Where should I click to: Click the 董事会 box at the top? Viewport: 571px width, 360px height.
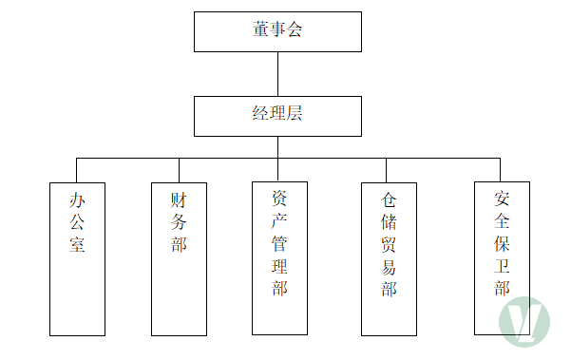pyautogui.click(x=277, y=31)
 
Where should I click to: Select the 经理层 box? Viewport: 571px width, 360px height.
pyautogui.click(x=277, y=117)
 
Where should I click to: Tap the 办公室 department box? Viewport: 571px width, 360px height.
pyautogui.click(x=77, y=259)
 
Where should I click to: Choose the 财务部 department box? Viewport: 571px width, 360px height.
pyautogui.click(x=179, y=259)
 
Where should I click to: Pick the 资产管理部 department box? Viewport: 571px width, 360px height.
pyautogui.click(x=279, y=258)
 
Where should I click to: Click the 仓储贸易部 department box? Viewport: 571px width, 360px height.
pyautogui.click(x=389, y=259)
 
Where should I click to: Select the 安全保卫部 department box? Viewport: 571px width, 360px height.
pyautogui.click(x=502, y=258)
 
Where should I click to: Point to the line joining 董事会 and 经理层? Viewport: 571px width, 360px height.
pyautogui.click(x=277, y=74)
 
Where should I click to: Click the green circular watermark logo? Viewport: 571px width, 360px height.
pyautogui.click(x=524, y=322)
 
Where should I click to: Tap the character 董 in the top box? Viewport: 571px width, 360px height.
pyautogui.click(x=260, y=29)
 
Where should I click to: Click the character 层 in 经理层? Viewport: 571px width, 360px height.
pyautogui.click(x=295, y=113)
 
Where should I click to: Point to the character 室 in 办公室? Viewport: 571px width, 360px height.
pyautogui.click(x=77, y=244)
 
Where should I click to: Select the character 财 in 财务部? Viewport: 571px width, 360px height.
pyautogui.click(x=179, y=200)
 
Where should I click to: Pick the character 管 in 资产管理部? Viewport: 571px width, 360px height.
pyautogui.click(x=279, y=243)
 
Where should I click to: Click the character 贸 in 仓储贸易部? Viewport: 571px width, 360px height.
pyautogui.click(x=389, y=244)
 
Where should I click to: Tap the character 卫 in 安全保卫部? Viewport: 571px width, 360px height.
pyautogui.click(x=502, y=266)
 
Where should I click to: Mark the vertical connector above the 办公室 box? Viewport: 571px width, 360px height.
pyautogui.click(x=76, y=170)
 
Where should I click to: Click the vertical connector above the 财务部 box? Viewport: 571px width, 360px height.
pyautogui.click(x=180, y=170)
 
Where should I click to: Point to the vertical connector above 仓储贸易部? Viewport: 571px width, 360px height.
pyautogui.click(x=387, y=170)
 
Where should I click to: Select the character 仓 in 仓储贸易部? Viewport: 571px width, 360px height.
pyautogui.click(x=389, y=199)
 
